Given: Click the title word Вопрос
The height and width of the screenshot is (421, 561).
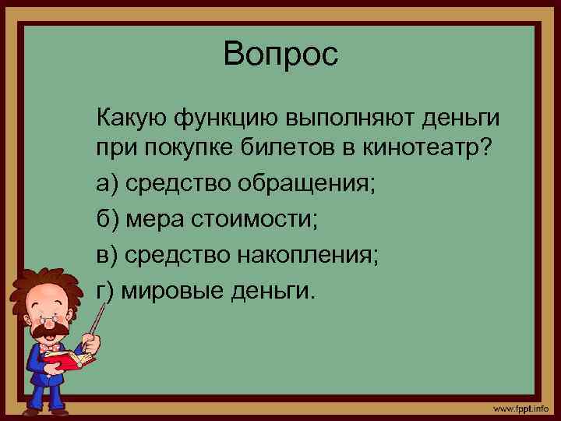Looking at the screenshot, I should click(280, 55).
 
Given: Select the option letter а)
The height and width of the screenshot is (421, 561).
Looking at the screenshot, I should click(108, 186).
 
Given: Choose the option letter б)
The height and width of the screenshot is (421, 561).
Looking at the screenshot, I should click(108, 221).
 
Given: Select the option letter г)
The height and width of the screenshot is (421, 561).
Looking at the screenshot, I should click(106, 292).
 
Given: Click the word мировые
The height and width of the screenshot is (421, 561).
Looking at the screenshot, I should click(168, 292).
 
